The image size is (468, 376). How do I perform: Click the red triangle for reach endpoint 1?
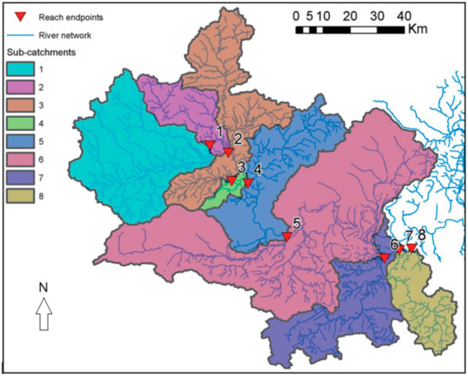pyautogui.click(x=210, y=146)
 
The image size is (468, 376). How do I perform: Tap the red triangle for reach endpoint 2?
pyautogui.click(x=228, y=151)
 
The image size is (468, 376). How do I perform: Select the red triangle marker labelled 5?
pyautogui.click(x=288, y=236)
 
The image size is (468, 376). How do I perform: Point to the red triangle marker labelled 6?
pyautogui.click(x=385, y=257)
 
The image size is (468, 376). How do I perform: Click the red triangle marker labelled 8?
pyautogui.click(x=413, y=248)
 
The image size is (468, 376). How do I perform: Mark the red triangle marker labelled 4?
pyautogui.click(x=248, y=182)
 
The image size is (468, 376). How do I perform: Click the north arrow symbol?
pyautogui.click(x=43, y=318)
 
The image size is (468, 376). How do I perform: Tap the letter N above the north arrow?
pyautogui.click(x=43, y=288)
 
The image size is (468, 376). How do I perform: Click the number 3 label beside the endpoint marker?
pyautogui.click(x=242, y=167)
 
